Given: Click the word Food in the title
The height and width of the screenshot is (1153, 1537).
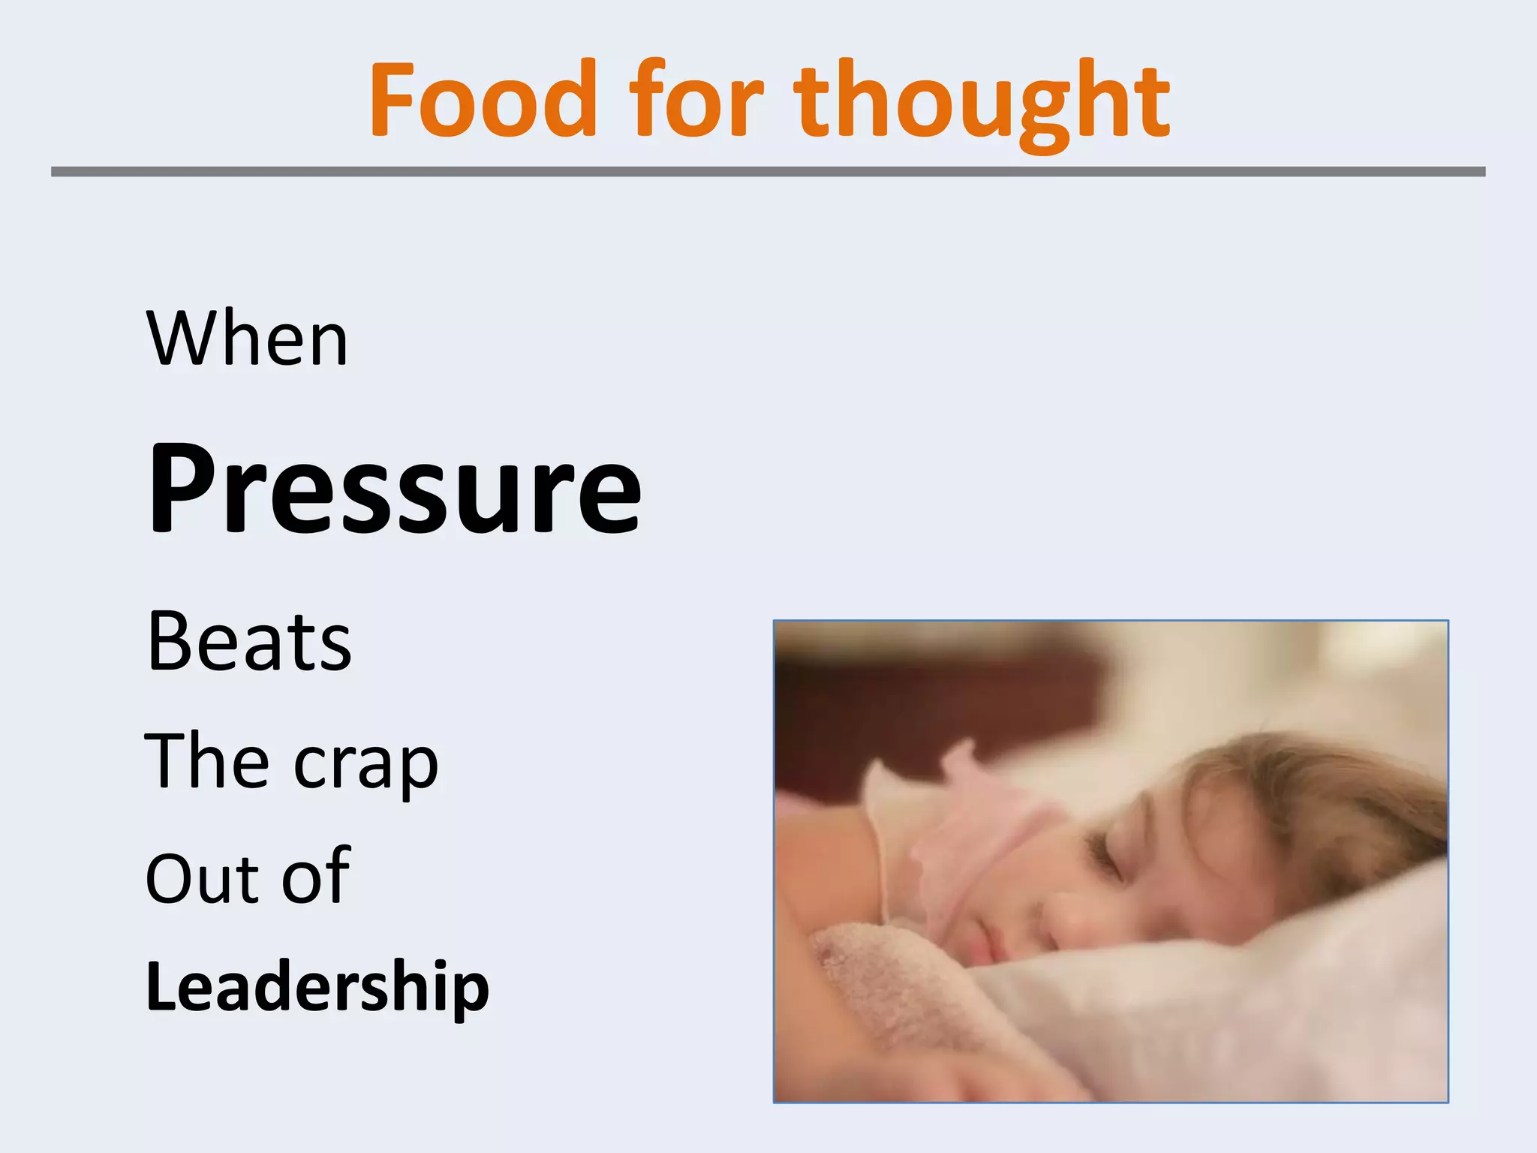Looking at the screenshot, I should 483,100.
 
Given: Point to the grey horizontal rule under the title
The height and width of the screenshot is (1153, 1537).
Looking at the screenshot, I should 768,172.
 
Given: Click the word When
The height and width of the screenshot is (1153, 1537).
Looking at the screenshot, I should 248,339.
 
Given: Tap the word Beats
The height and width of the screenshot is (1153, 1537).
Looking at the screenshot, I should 249,642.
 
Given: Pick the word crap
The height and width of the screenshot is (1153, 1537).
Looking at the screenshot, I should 365,766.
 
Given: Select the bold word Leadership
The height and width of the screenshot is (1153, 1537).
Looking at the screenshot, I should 317,986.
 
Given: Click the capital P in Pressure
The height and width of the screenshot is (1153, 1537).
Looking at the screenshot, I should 181,488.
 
